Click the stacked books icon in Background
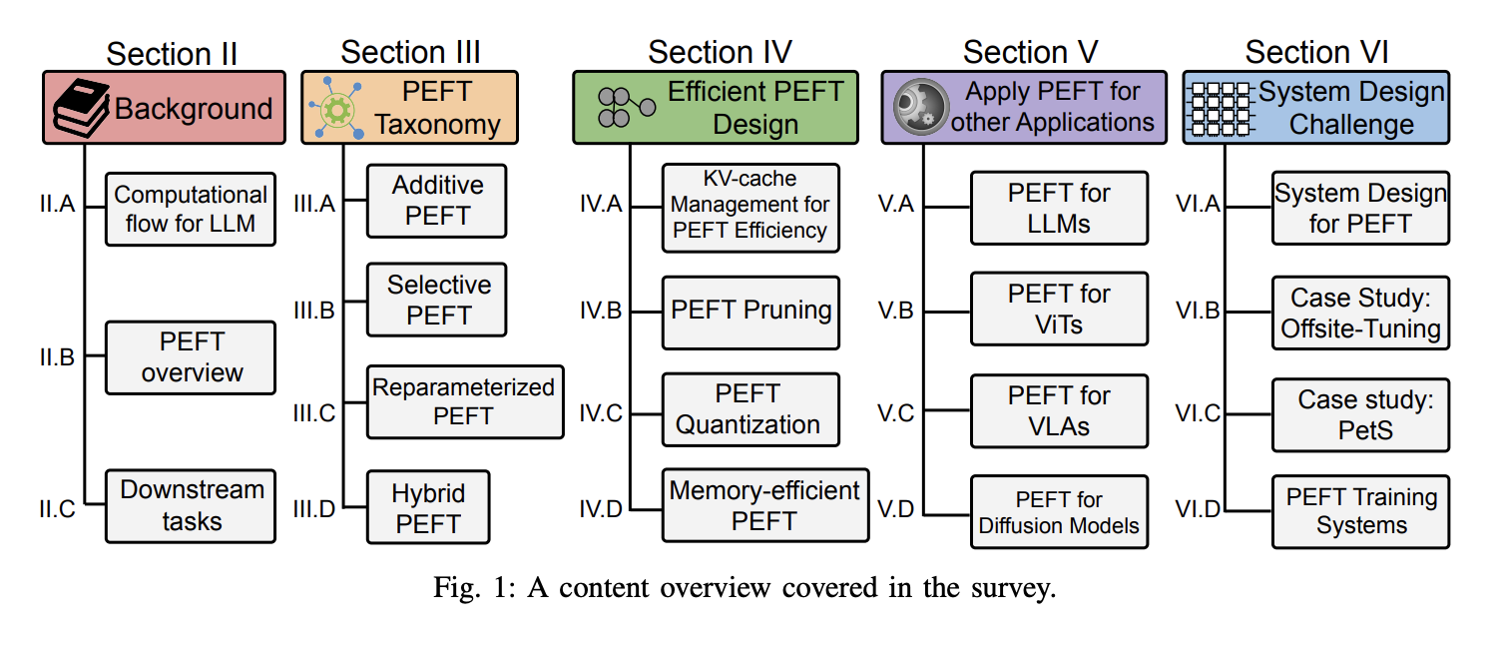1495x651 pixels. coord(79,108)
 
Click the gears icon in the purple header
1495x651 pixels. coord(918,108)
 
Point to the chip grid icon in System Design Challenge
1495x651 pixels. coord(1220,108)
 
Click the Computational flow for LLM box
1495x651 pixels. coord(190,209)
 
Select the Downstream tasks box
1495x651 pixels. coord(190,505)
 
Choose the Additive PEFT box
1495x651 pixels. coord(436,201)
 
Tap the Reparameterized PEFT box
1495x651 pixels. coord(464,401)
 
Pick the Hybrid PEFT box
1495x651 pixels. coord(427,507)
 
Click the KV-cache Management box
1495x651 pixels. coord(750,206)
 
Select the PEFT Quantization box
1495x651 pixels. coord(750,408)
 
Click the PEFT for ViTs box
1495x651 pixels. coord(1059,310)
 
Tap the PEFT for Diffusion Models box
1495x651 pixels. coord(1059,512)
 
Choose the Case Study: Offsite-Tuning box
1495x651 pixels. coord(1360,314)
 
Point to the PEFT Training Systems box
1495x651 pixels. coord(1360,511)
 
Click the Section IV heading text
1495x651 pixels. coord(720,52)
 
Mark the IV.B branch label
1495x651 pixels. coord(600,311)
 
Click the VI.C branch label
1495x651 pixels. coord(1198,412)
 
